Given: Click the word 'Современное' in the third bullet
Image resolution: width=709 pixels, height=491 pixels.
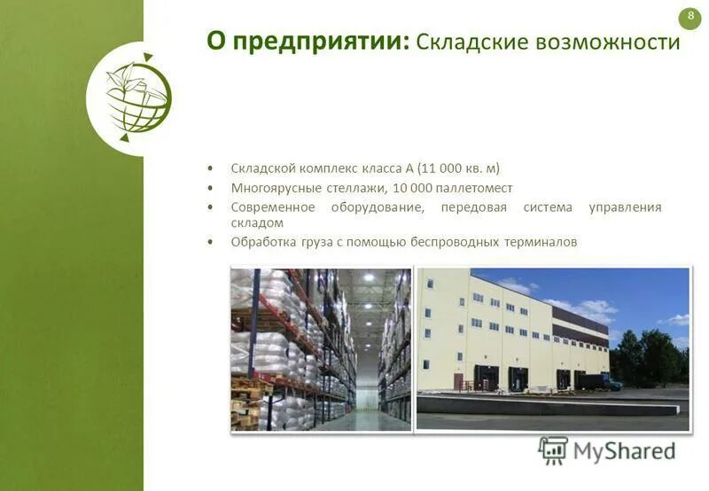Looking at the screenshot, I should [x=273, y=207].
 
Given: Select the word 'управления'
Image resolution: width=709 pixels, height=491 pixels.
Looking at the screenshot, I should [x=625, y=207].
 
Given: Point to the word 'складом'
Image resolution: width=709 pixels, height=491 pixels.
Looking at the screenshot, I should [x=257, y=223].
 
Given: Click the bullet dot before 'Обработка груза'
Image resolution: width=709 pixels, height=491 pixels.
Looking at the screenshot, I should [x=210, y=241].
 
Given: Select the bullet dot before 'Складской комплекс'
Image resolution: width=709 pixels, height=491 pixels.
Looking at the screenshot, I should [x=210, y=168].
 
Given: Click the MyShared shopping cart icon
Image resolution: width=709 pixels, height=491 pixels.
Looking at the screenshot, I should [x=553, y=450].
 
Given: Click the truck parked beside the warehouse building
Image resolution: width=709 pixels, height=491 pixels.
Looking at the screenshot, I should [x=598, y=382].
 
